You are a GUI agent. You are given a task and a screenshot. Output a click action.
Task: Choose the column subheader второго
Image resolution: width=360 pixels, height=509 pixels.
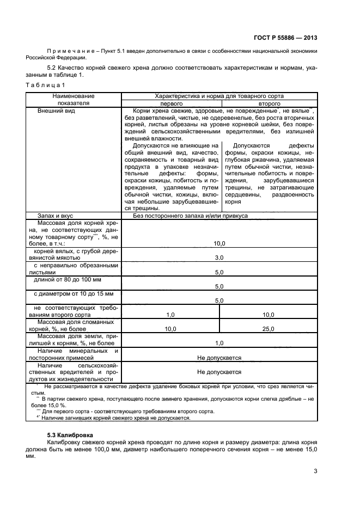[269, 103]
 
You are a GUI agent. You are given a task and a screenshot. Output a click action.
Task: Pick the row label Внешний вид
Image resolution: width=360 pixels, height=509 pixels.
[56, 111]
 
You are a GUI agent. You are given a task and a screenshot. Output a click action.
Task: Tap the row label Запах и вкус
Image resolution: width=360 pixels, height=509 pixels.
[56, 216]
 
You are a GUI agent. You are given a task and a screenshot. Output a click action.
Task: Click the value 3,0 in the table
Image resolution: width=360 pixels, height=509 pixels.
[219, 257]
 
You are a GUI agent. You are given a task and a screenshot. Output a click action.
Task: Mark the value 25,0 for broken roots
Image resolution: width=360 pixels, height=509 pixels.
[269, 329]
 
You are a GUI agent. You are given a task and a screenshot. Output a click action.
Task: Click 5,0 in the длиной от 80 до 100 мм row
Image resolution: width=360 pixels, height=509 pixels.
[219, 286]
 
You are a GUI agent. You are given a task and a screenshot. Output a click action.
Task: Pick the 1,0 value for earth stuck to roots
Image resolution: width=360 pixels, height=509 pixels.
[219, 343]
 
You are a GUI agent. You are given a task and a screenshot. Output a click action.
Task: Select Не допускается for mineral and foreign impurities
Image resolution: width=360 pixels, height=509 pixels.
[219, 358]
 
